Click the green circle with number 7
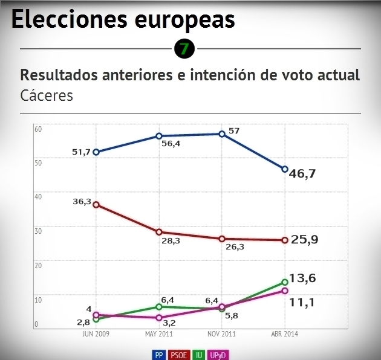[184, 48]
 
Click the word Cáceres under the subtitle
[47, 95]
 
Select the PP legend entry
[159, 355]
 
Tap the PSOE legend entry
[178, 355]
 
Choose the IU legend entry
[198, 355]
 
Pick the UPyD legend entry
[218, 355]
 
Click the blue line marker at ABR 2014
[285, 169]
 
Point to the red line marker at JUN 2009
[96, 205]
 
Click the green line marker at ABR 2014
[285, 282]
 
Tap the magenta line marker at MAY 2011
[159, 318]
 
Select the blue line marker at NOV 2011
[222, 134]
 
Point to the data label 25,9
[304, 239]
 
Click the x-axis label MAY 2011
[159, 334]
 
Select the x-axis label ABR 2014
[285, 334]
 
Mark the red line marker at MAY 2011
[159, 232]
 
